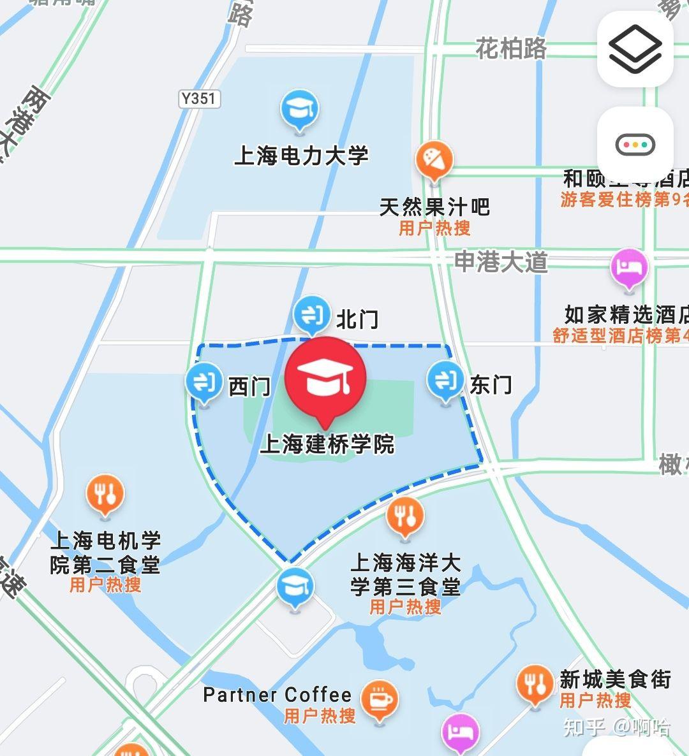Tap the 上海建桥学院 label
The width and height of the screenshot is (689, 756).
pos(327,444)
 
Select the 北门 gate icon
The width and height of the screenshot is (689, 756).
pos(311,314)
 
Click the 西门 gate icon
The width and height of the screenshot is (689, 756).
pos(204,383)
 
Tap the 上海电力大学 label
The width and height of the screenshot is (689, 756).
pos(301,156)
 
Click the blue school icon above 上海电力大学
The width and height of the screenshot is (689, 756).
pos(299,111)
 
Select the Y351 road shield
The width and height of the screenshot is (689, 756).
pos(198,99)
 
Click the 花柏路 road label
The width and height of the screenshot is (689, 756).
pos(511,48)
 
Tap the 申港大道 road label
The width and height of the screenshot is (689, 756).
pos(501,262)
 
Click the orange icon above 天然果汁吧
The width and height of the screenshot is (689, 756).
pos(434,159)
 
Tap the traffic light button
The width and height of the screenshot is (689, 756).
pos(635,145)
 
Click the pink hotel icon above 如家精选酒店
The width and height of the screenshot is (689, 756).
pos(629,268)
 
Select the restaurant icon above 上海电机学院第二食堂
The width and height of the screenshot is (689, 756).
pos(105,493)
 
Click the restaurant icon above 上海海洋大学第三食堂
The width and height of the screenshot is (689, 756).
pos(405,516)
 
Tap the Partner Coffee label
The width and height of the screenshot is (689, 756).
pos(277,695)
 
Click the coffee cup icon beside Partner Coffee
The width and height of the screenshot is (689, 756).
pos(379,699)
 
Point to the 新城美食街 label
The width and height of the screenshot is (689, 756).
pos(615,680)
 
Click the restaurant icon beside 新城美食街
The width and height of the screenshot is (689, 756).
pos(535,684)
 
